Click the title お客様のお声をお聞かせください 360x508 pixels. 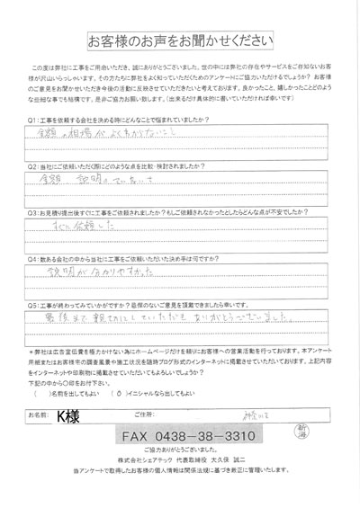[x=180, y=42]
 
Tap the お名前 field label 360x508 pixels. [x=39, y=415]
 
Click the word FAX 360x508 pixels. [x=139, y=436]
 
